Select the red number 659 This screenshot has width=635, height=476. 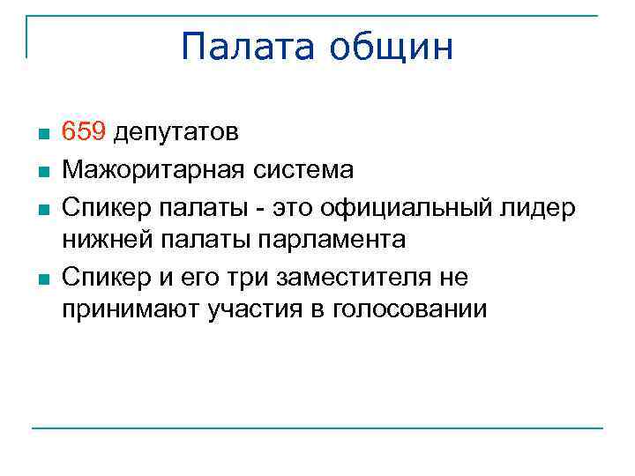click(x=84, y=132)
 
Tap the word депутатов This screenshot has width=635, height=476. click(x=176, y=132)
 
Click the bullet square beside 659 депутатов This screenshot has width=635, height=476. click(x=41, y=135)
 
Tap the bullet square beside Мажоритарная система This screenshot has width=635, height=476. click(x=41, y=170)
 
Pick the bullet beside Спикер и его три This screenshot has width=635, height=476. click(x=41, y=279)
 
